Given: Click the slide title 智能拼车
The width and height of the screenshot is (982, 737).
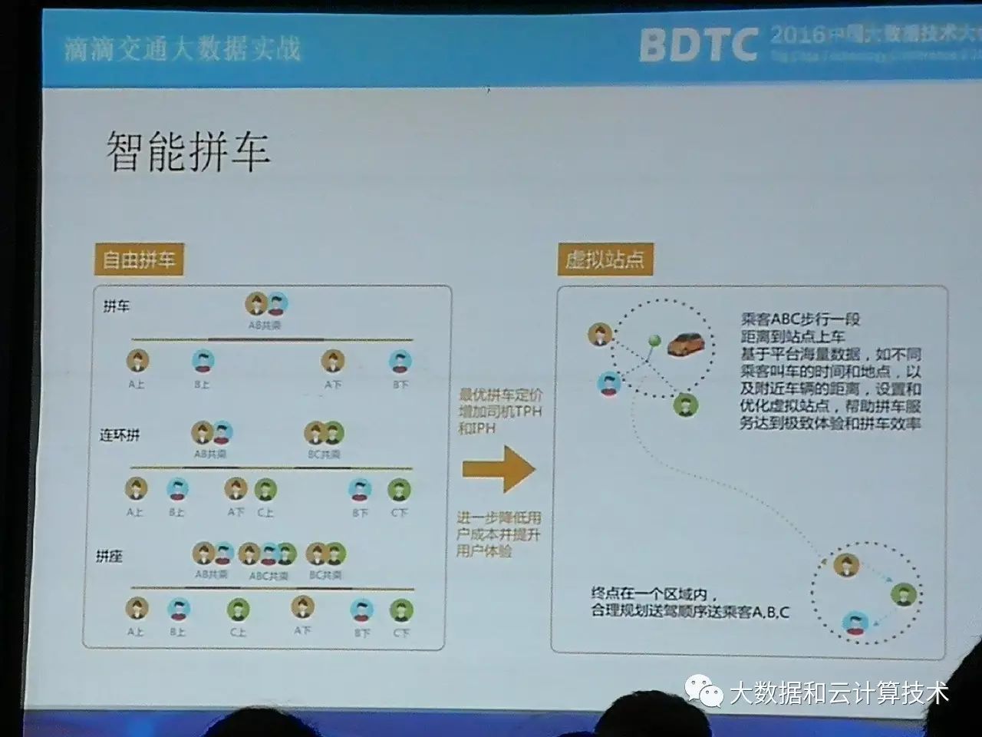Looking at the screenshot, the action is point(188,150).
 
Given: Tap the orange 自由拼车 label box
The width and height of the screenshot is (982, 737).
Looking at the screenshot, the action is point(139,259).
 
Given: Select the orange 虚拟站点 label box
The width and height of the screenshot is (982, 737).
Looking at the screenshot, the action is point(605,259).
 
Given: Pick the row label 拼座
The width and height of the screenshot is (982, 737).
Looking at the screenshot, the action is point(109,556).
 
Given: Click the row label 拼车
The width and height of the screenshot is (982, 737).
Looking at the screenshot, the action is point(116,306).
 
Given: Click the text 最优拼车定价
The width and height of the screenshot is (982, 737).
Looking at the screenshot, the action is point(499,396).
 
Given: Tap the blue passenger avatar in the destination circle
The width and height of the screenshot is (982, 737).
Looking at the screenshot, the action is point(855,621).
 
